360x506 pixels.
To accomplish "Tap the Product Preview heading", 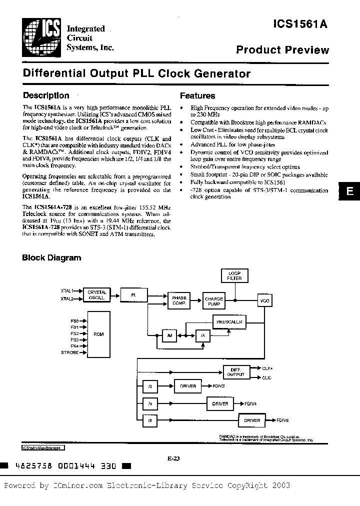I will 282,50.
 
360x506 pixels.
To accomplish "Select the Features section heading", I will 197,96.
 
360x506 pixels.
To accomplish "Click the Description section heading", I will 46,95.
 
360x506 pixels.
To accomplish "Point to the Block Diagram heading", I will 51,258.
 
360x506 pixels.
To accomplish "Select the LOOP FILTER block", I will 234,275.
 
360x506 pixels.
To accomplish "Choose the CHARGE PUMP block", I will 214,300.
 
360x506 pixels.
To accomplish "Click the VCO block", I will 264,301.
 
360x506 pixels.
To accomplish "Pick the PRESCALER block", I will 229,322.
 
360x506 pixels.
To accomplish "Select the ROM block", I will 98,334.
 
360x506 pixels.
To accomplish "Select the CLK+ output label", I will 267,367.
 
